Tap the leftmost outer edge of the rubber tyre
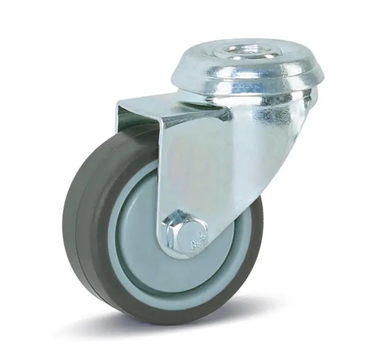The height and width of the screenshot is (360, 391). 64,220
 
